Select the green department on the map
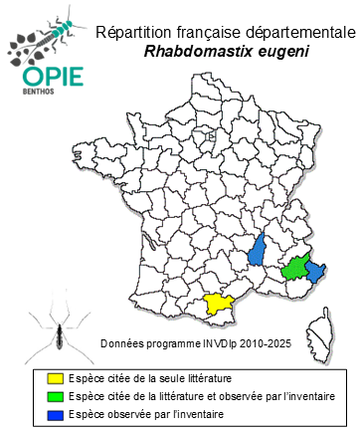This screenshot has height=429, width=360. click(x=294, y=269)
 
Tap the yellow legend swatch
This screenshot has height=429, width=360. click(x=61, y=378)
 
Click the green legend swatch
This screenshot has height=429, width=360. click(x=61, y=395)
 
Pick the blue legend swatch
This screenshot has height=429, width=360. click(x=61, y=412)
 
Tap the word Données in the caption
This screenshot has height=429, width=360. click(x=122, y=343)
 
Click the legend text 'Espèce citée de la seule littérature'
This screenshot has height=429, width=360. click(x=158, y=378)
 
